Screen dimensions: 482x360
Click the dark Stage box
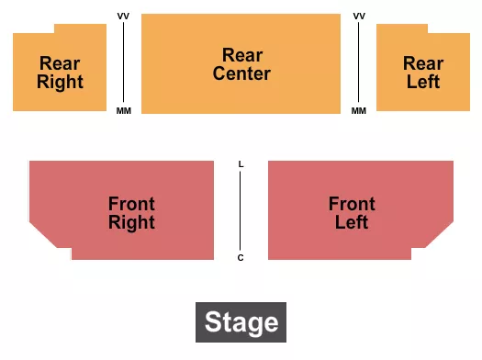241,322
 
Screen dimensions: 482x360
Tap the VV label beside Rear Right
124,17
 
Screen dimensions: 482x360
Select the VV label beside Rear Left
359,17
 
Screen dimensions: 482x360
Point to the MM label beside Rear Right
124,111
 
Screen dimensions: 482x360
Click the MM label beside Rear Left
359,111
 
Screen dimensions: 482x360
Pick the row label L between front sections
241,164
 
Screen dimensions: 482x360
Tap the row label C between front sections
241,257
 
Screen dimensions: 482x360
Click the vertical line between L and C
241,210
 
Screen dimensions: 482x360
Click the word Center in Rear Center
241,73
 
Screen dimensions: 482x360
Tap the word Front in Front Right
131,204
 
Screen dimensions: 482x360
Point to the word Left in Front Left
352,222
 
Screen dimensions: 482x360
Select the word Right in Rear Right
60,82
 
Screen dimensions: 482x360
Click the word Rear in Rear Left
423,63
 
